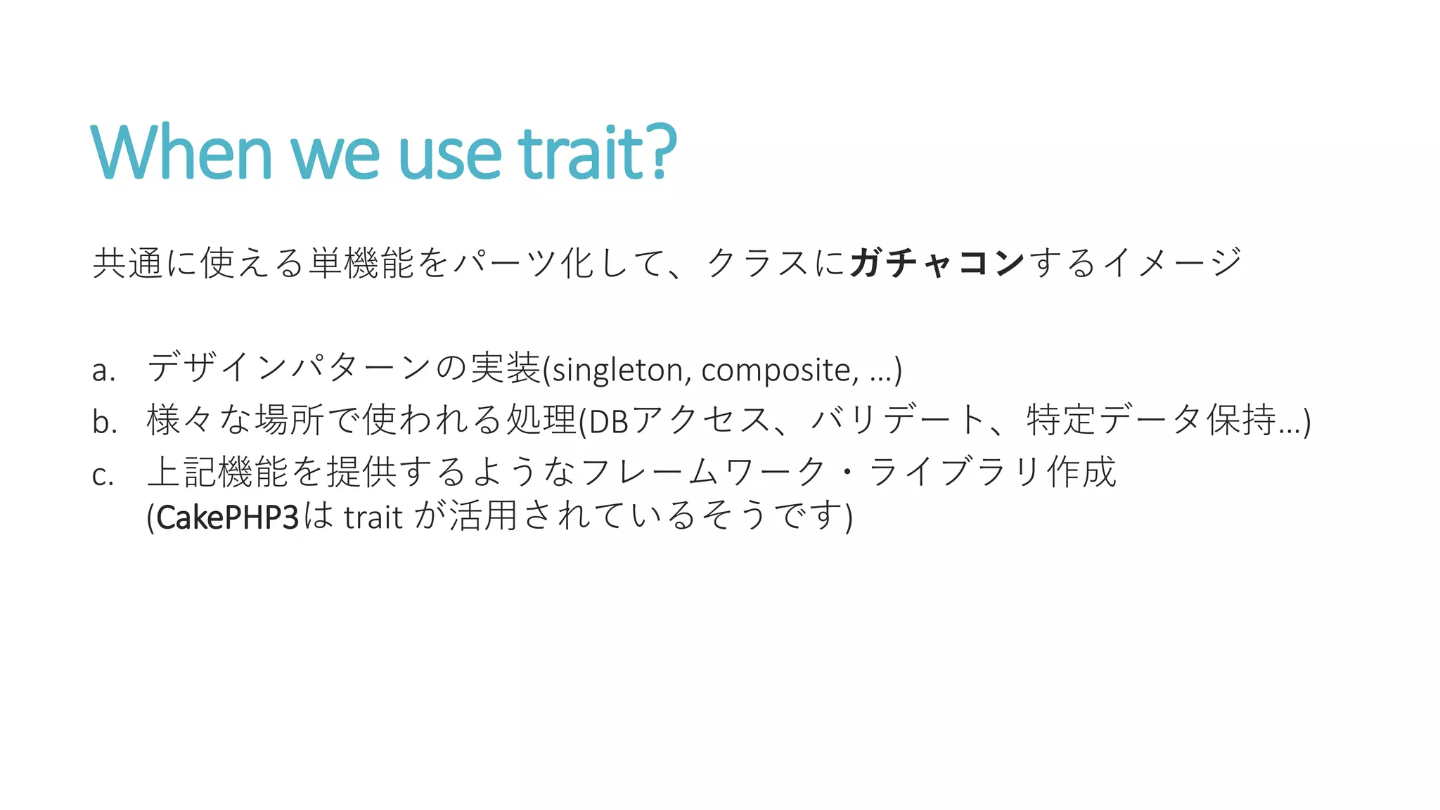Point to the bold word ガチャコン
click(937, 263)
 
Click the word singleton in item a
click(617, 370)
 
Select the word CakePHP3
click(228, 517)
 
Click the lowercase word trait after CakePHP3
click(373, 517)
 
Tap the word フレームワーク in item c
click(704, 472)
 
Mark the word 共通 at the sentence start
click(128, 263)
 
